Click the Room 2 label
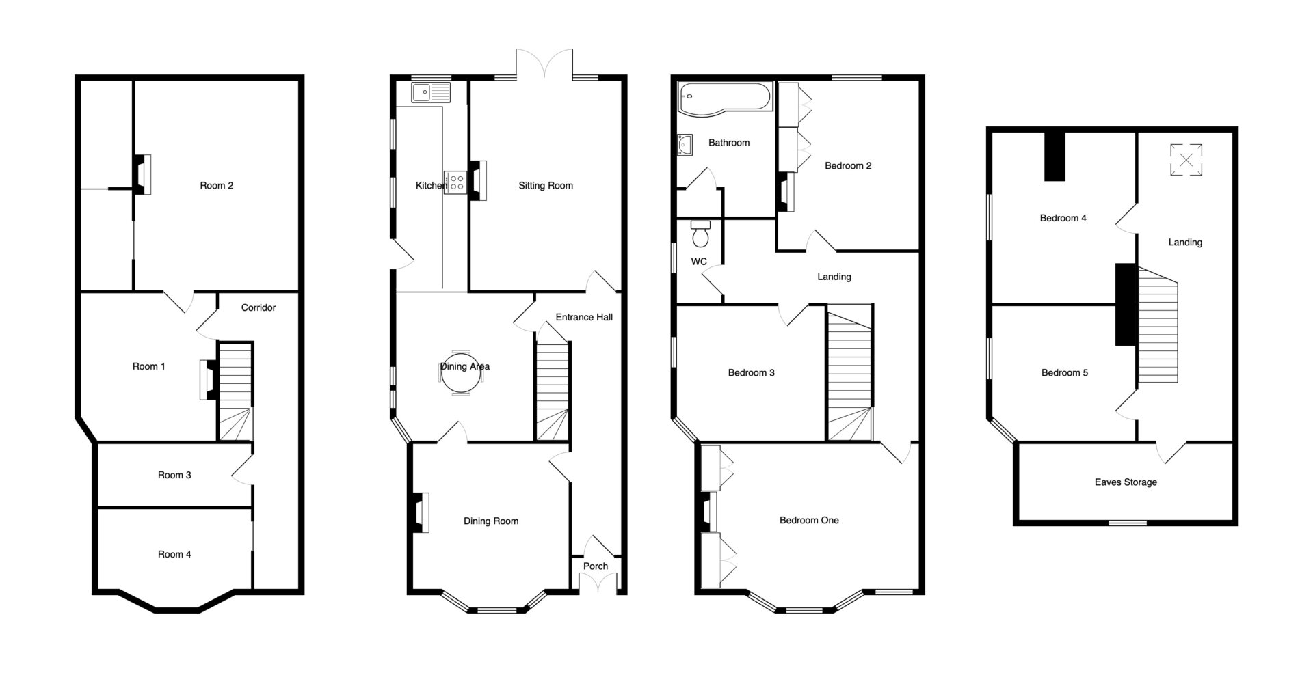point(216,185)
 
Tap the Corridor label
point(258,307)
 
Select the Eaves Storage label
point(1126,482)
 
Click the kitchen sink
point(431,93)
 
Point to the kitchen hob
point(455,182)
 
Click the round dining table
point(460,376)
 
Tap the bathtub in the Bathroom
point(724,98)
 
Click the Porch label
point(596,566)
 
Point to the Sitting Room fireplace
point(478,180)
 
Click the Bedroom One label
point(809,520)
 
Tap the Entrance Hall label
point(584,317)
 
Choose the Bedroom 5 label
point(1065,372)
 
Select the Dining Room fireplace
point(420,512)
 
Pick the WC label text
point(699,262)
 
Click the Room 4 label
point(174,554)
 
